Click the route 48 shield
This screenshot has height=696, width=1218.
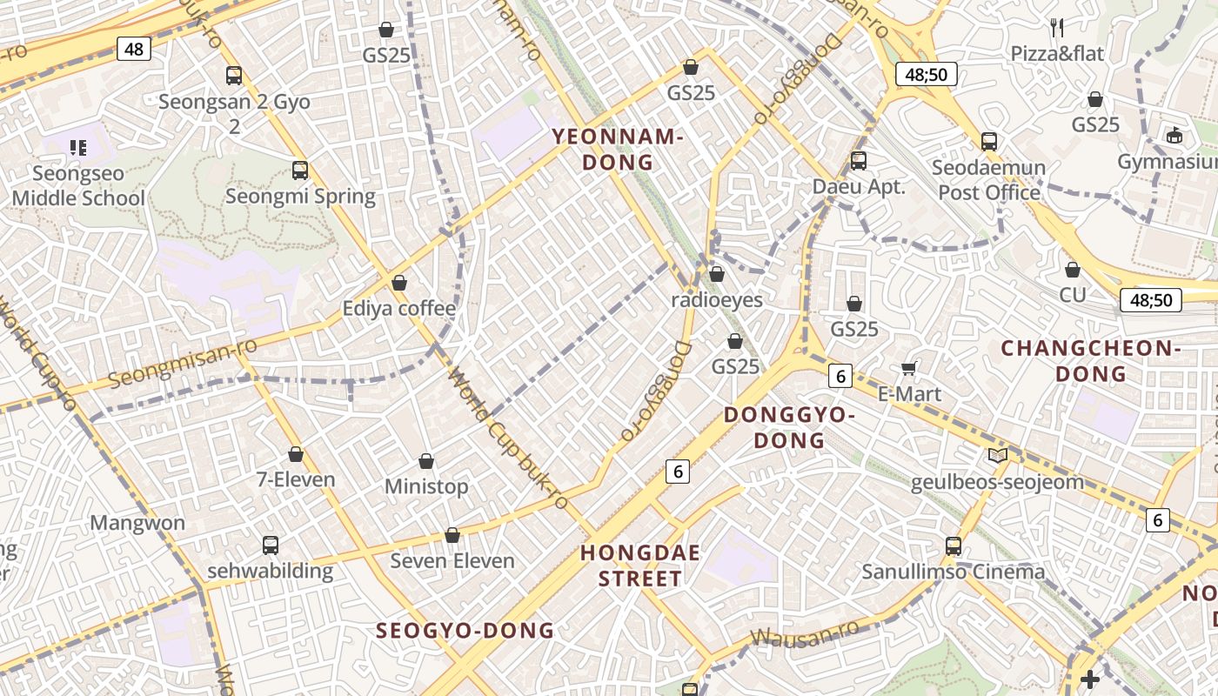[x=134, y=49]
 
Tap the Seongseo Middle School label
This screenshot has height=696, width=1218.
[x=78, y=186]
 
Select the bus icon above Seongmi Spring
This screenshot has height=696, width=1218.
[x=300, y=171]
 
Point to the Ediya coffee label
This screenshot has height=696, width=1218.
[x=398, y=308]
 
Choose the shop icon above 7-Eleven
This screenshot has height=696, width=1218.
[x=296, y=454]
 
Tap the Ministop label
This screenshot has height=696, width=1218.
[x=426, y=486]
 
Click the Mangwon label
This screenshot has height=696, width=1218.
[x=137, y=523]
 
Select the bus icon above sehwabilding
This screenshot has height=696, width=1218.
[x=271, y=545]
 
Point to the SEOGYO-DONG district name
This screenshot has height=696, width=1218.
[x=465, y=631]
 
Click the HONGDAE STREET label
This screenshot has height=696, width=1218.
[x=641, y=565]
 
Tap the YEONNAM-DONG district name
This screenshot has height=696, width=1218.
[x=618, y=149]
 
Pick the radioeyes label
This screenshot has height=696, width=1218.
[x=717, y=300]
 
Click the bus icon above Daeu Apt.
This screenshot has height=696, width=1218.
[x=859, y=160]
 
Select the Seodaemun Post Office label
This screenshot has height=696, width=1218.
[x=989, y=179]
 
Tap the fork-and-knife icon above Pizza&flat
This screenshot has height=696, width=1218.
[x=1057, y=28]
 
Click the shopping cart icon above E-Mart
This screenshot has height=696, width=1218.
[x=909, y=369]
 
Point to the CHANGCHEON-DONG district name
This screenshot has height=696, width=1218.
[x=1090, y=361]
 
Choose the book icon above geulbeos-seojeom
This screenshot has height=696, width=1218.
[x=997, y=455]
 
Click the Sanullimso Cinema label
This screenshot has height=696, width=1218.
[x=954, y=572]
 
